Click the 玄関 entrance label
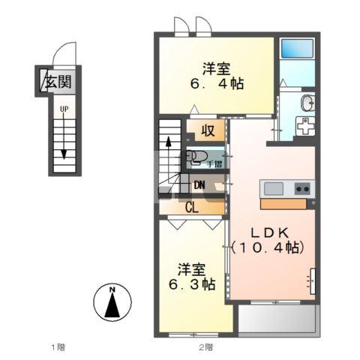point(58,82)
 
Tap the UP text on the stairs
point(64,109)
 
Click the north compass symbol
point(112,302)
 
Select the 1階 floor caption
point(58,347)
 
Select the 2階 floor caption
point(206,347)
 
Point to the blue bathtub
point(297,48)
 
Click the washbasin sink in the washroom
point(308,103)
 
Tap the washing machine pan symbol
point(305,126)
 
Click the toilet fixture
point(196,157)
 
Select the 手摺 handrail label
point(214,164)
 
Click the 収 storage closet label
point(208,130)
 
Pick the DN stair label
point(199,185)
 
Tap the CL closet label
point(192,207)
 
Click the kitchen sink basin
point(274,189)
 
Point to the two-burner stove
point(303,189)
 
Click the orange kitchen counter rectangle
point(283,204)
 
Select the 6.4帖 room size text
point(217,84)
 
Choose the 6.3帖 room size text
point(192,284)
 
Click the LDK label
point(270,233)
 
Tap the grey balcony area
point(279,319)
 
